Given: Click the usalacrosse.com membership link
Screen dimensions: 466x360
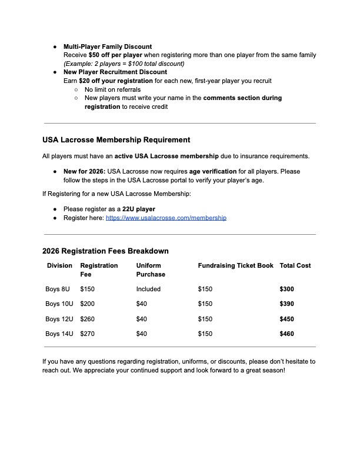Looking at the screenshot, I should (166, 218).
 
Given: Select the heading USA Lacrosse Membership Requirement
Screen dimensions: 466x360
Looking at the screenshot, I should (116, 140).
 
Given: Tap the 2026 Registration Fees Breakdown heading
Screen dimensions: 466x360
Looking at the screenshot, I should (105, 251).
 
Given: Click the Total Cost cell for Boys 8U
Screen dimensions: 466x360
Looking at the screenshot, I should (286, 289).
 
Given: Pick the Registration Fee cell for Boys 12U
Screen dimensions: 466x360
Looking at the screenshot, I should (87, 319).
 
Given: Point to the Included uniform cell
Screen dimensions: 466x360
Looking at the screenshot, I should (148, 289).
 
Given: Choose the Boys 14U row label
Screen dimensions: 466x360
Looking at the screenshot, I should (59, 334).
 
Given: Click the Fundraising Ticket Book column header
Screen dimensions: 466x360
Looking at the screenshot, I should (235, 266).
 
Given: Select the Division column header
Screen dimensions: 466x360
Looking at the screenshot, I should (59, 266).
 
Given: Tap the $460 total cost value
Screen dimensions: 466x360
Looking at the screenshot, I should (286, 334).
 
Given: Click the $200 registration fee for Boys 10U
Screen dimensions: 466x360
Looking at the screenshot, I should (87, 304).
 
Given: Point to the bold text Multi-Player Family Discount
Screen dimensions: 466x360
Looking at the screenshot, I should (108, 46).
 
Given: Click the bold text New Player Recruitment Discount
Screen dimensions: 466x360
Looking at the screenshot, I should (115, 72).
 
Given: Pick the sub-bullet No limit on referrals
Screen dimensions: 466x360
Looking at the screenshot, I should (112, 89).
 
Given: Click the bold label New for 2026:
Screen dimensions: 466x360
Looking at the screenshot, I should (84, 172).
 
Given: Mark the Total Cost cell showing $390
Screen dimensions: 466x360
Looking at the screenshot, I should (286, 304).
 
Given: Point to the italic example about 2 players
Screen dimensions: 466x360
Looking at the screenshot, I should (124, 64).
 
